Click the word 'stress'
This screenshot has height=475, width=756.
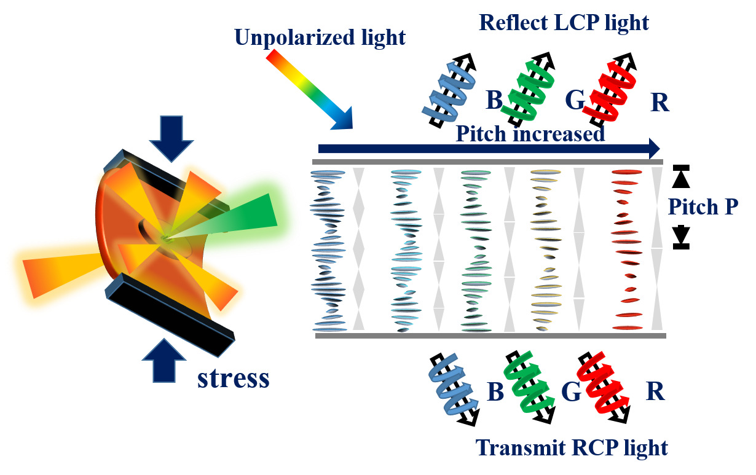tap(233, 379)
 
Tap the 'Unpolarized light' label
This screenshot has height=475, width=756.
tap(320, 37)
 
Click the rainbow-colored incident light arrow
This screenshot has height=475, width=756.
tap(309, 89)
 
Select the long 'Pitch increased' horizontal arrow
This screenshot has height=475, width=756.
tap(489, 149)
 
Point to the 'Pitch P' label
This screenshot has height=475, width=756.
tap(703, 206)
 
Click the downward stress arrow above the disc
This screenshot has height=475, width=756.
tap(171, 139)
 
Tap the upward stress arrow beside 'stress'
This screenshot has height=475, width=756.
tap(164, 360)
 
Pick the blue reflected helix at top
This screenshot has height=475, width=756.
tap(449, 90)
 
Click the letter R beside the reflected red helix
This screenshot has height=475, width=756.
tap(660, 102)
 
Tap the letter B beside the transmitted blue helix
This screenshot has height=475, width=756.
tap(495, 391)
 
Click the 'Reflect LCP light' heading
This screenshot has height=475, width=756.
tap(564, 23)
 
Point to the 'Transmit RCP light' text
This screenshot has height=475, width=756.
tap(572, 448)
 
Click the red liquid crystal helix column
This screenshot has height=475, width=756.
tap(627, 249)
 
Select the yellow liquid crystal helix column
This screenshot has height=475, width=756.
tap(546, 249)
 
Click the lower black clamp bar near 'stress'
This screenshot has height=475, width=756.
tap(170, 315)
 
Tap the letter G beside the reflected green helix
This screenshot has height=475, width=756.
tap(575, 100)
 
